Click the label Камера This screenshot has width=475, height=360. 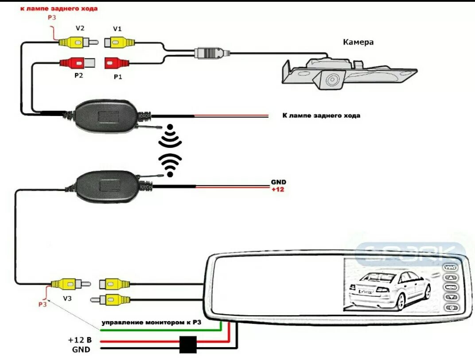(358, 43)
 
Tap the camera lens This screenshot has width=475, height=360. (331, 80)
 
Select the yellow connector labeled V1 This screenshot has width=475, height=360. (119, 43)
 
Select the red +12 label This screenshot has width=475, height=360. (278, 190)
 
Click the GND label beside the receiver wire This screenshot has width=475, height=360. (278, 182)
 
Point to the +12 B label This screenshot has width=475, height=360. (80, 340)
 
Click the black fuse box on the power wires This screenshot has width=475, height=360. (188, 345)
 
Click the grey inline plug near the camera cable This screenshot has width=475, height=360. (212, 53)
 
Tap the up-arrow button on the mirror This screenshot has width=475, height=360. (451, 278)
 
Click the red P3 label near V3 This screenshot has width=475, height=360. (42, 304)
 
